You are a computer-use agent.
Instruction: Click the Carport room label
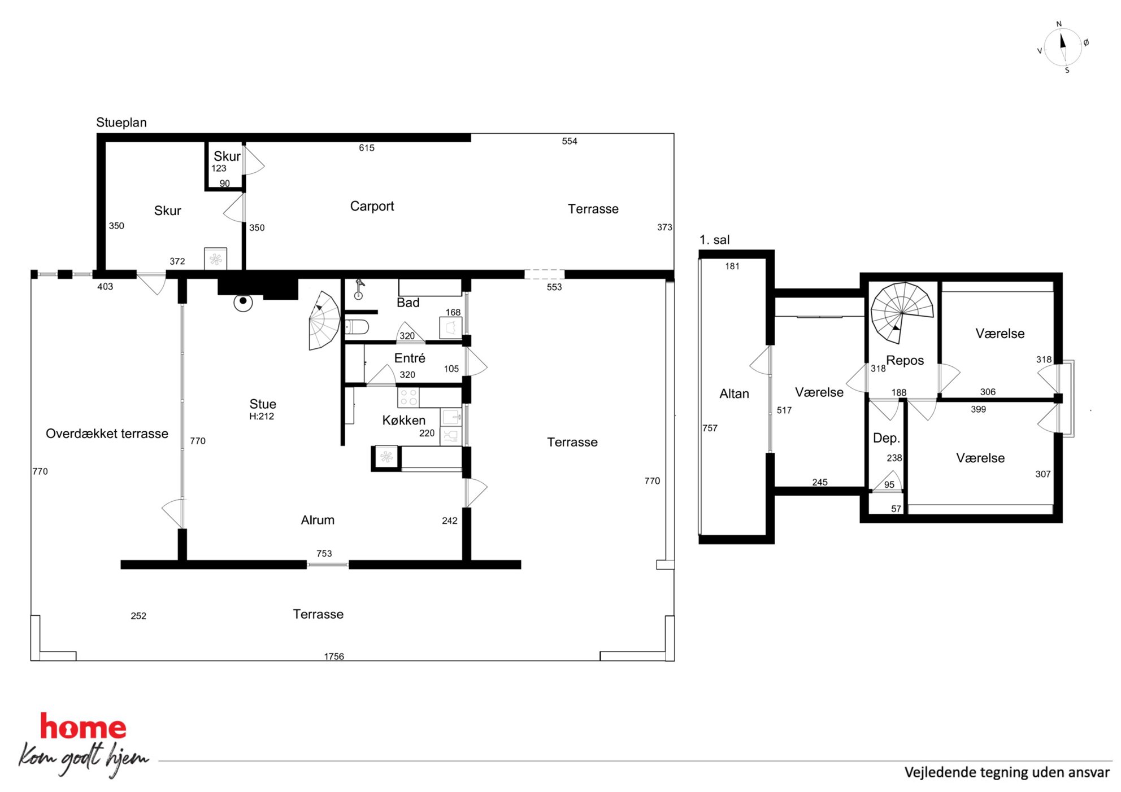point(372,207)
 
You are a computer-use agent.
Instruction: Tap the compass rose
point(1063,47)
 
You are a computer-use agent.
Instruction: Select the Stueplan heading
point(121,122)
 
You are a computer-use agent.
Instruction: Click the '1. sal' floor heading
point(714,240)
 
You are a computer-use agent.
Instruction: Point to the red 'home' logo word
point(83,727)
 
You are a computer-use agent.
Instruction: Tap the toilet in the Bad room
point(357,327)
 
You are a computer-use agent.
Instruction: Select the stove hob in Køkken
point(409,397)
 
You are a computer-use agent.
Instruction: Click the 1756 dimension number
point(334,657)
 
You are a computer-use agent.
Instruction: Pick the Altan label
point(734,394)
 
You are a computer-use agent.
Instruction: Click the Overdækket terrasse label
point(107,434)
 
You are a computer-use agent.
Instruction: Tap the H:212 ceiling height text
point(262,417)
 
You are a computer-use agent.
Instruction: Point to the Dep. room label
point(886,439)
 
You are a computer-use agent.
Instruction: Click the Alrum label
point(318,520)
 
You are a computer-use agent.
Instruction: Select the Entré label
point(410,358)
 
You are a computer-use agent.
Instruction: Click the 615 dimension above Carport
point(367,148)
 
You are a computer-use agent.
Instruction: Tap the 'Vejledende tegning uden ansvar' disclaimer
point(1007,773)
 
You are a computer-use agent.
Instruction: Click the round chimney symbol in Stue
point(243,301)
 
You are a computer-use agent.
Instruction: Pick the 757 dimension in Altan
point(710,428)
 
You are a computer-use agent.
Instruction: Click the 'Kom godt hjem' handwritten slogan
point(84,758)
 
